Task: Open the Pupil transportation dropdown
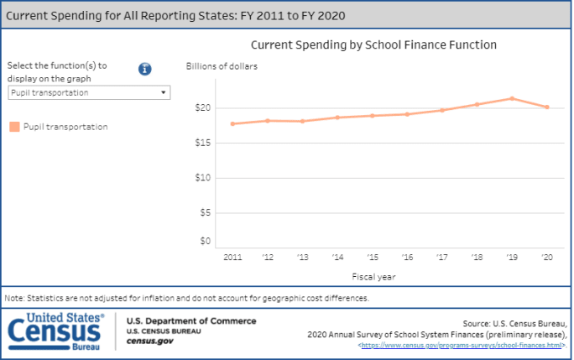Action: [89, 93]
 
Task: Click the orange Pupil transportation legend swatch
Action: [14, 127]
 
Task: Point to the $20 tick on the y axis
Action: [202, 107]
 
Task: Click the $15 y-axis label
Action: [202, 143]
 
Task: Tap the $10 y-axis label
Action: [202, 177]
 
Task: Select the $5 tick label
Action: [204, 212]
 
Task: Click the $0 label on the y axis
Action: [204, 241]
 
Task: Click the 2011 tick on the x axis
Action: [232, 257]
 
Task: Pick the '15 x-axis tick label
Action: [372, 257]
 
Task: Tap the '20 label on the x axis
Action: [547, 257]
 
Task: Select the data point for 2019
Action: [512, 98]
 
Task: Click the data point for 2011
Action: [232, 123]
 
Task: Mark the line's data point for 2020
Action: [547, 107]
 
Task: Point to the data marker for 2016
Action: [407, 114]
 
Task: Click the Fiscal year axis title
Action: [374, 275]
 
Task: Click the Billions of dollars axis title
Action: [222, 65]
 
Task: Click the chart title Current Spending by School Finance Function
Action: [373, 44]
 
